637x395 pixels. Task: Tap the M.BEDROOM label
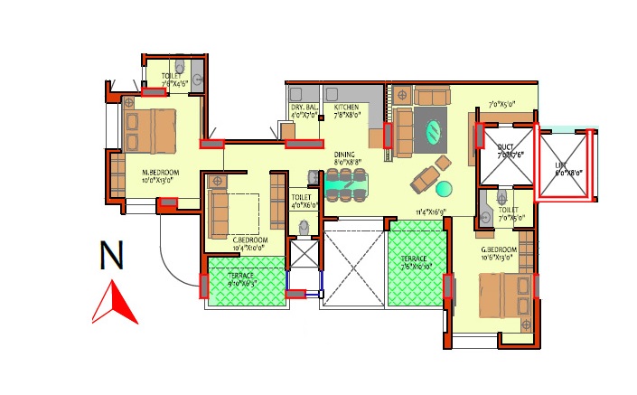click(160, 172)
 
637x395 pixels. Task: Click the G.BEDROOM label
click(498, 249)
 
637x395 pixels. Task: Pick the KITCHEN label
click(346, 108)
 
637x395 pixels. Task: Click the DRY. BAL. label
click(304, 108)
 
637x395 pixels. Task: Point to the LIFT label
click(568, 165)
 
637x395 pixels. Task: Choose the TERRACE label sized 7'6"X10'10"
click(418, 259)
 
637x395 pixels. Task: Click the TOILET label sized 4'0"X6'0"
click(301, 196)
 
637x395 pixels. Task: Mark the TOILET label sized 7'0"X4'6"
click(172, 78)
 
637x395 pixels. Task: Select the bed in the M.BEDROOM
click(152, 132)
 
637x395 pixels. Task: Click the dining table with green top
click(346, 186)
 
